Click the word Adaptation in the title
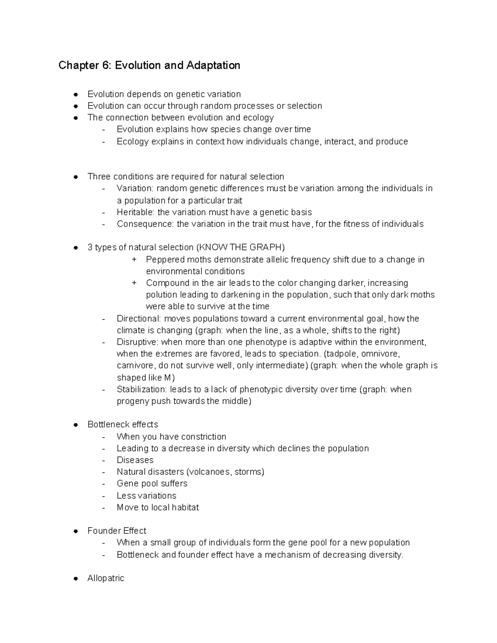click(x=213, y=65)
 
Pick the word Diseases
click(x=135, y=460)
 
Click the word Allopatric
click(x=106, y=578)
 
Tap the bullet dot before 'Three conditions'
click(x=76, y=177)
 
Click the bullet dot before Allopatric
click(x=76, y=579)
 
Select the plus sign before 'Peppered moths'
click(x=134, y=260)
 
